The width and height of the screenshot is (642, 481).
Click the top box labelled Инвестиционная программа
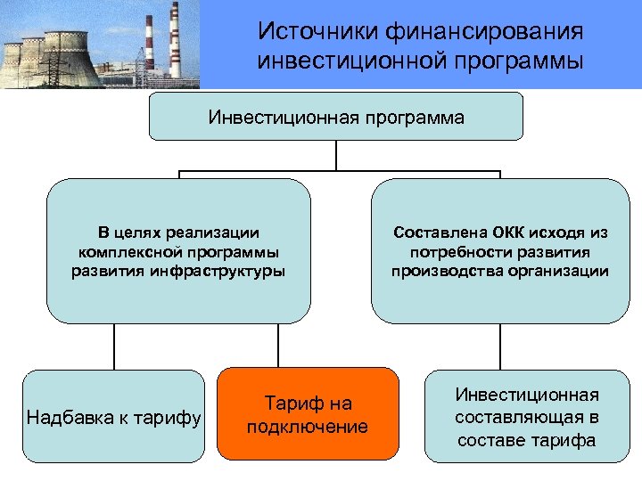336,117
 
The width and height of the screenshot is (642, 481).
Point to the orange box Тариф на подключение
308,414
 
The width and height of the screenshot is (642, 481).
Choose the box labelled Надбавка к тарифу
113,416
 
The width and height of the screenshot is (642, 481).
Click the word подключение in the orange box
308,427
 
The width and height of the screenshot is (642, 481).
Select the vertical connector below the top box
336,154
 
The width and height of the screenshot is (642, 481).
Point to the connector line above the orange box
278,345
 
